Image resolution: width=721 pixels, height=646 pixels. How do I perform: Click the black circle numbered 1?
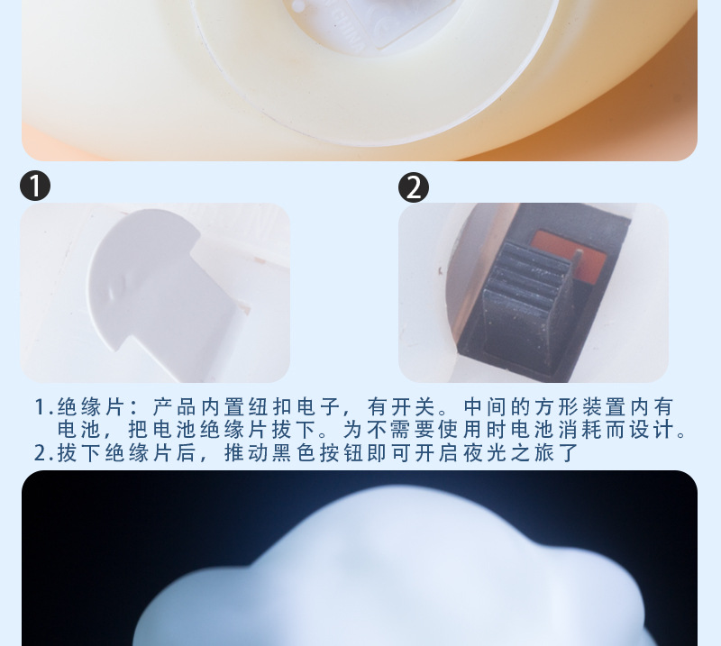35,187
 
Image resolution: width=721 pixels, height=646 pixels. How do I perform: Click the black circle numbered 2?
414,187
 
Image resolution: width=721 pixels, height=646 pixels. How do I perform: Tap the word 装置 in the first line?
599,407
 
